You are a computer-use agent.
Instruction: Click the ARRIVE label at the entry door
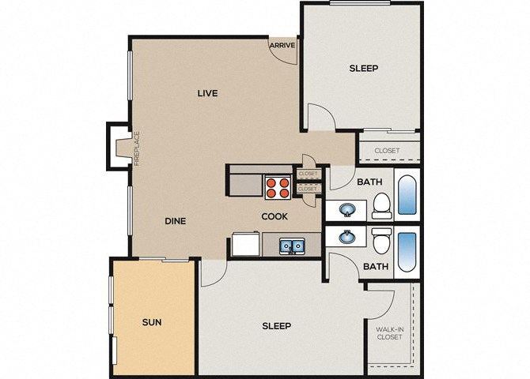click(x=282, y=45)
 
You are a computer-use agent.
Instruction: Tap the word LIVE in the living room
click(x=207, y=93)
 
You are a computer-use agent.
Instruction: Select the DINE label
click(x=175, y=221)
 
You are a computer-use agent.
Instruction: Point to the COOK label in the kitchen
click(x=274, y=216)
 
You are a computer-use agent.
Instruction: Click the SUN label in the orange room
click(x=152, y=322)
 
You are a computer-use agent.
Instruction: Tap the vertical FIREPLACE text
click(x=136, y=148)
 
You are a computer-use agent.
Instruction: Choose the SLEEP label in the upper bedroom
click(x=363, y=68)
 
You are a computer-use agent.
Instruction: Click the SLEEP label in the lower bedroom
click(x=276, y=325)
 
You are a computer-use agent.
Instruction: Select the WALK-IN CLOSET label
click(x=389, y=332)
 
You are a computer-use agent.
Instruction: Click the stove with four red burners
click(x=277, y=186)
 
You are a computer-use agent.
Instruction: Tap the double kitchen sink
click(x=290, y=246)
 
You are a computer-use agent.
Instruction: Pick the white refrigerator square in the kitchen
click(x=244, y=245)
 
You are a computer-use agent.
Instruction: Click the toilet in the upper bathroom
click(x=381, y=206)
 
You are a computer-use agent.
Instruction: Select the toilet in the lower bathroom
click(x=381, y=239)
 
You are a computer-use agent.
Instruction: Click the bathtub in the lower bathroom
click(x=406, y=252)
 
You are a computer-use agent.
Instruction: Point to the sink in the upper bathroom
click(x=347, y=210)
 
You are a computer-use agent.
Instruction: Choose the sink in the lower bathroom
click(x=347, y=236)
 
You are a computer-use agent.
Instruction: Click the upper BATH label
click(x=369, y=182)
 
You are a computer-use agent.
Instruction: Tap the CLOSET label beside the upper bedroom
click(x=387, y=151)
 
